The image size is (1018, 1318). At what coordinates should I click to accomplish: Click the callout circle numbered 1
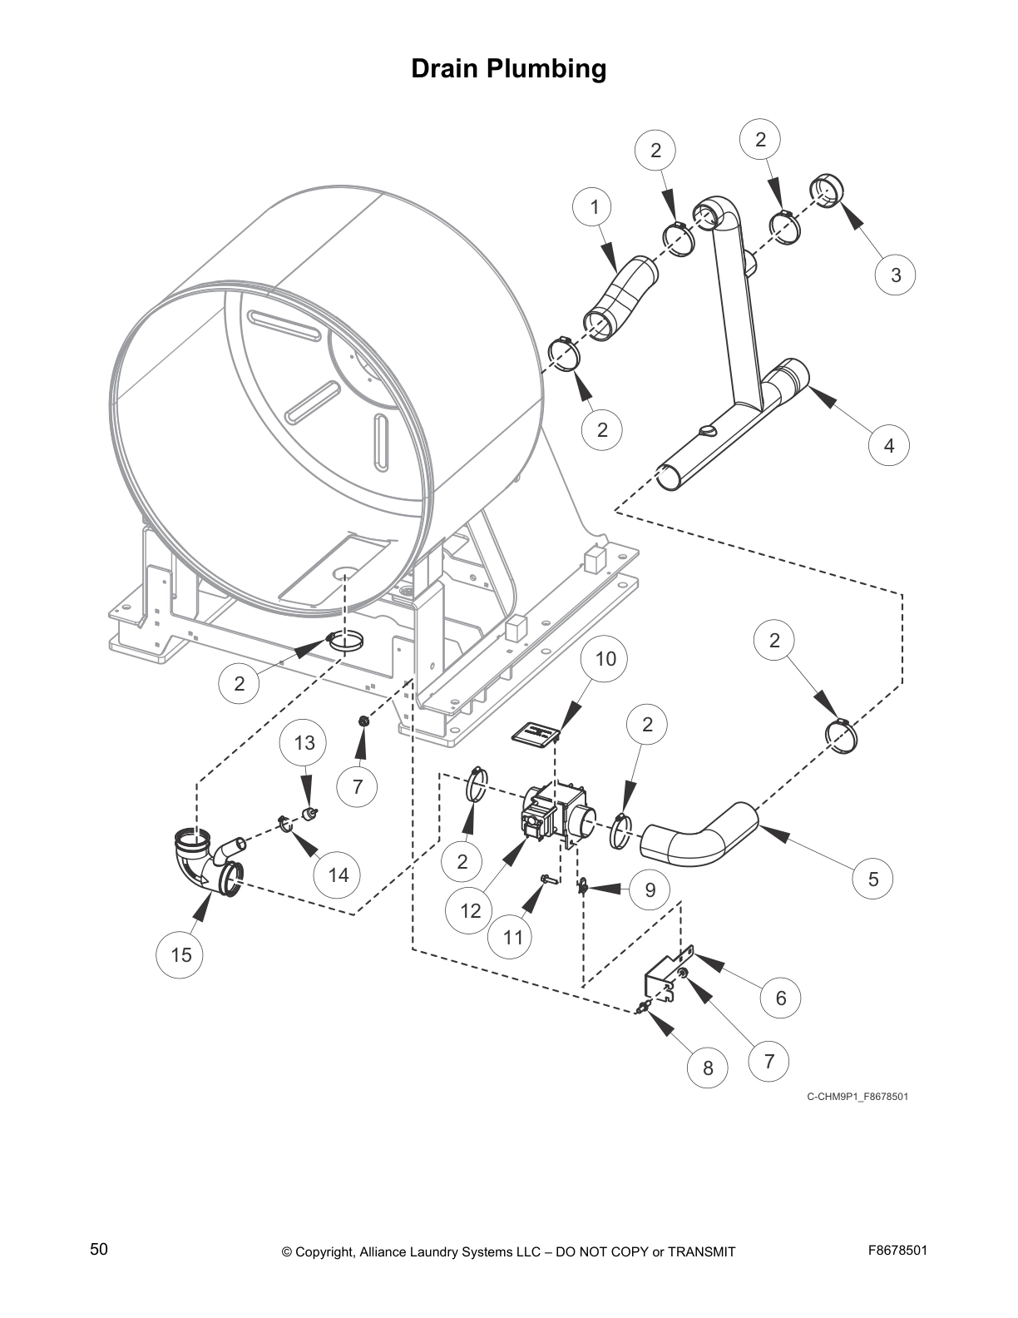[x=594, y=207]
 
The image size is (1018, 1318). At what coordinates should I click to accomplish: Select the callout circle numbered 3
[x=895, y=275]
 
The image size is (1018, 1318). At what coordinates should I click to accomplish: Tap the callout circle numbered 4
[x=888, y=446]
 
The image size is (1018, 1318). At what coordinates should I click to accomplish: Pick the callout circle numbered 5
[x=872, y=879]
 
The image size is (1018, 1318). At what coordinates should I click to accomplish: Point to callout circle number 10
[x=605, y=659]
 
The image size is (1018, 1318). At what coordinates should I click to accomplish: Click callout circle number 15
[x=180, y=955]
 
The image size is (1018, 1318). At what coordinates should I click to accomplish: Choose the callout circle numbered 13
[x=304, y=743]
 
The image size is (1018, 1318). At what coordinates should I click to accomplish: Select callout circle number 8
[x=708, y=1068]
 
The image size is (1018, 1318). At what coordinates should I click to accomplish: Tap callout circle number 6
[x=780, y=998]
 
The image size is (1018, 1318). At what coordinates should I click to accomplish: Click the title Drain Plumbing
[x=508, y=69]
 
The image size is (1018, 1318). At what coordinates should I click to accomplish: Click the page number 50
[x=99, y=1250]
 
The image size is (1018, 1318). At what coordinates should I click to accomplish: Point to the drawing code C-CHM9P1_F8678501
[x=857, y=1096]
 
